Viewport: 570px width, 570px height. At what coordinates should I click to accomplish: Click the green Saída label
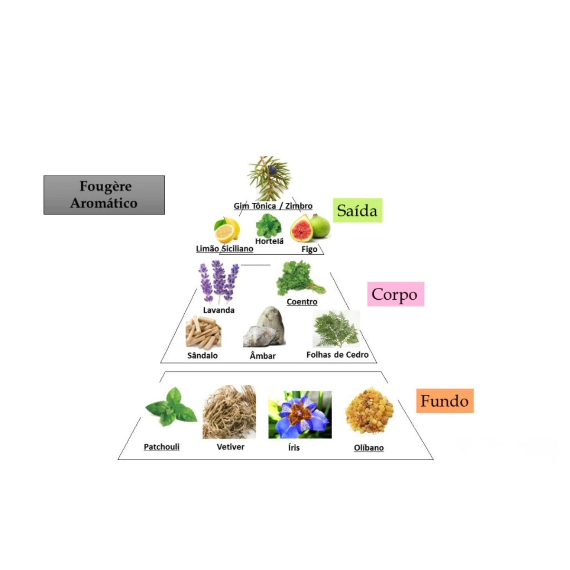[x=357, y=210]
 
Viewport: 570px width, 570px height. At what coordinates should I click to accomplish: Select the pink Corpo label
[x=396, y=294]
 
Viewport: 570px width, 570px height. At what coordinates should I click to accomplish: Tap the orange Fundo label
[x=445, y=401]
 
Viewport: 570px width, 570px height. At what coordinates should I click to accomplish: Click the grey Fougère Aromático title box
[x=104, y=195]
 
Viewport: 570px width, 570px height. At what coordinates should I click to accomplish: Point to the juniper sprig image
[x=269, y=179]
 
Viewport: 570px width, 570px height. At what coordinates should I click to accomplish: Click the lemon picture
[x=227, y=230]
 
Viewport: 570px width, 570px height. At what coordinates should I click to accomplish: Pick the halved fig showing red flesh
[x=301, y=228]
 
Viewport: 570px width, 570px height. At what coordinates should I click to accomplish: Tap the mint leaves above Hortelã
[x=268, y=226]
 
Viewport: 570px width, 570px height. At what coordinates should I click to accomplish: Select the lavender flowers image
[x=218, y=282]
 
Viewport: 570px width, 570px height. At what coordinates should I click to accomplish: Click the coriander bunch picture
[x=300, y=278]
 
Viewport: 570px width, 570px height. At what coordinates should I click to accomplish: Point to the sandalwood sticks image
[x=203, y=332]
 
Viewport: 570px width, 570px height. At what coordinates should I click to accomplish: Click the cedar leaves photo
[x=336, y=328]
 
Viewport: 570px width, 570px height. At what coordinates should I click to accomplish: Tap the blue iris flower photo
[x=300, y=414]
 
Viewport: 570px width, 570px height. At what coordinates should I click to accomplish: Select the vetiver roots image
[x=229, y=412]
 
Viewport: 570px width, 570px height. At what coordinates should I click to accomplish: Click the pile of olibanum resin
[x=369, y=410]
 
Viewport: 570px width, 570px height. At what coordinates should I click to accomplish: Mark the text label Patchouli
[x=161, y=446]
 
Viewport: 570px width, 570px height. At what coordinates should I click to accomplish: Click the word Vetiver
[x=230, y=446]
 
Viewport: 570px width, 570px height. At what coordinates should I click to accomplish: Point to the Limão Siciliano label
[x=225, y=249]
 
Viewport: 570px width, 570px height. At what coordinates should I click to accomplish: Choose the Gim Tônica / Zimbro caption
[x=273, y=206]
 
